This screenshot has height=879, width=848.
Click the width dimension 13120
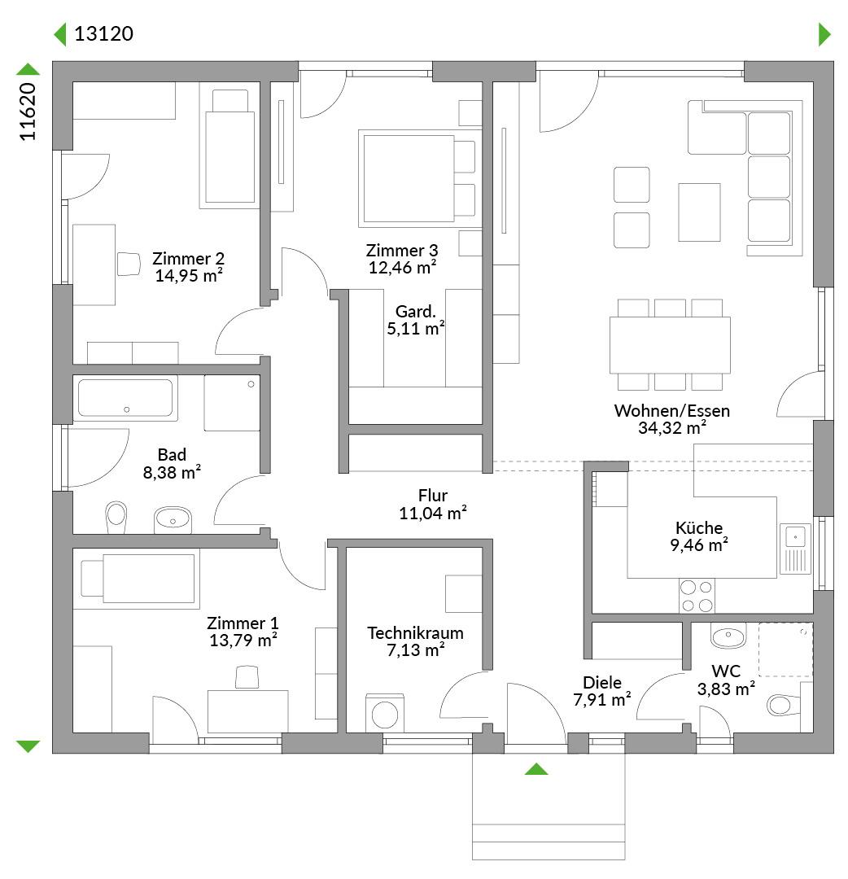click(103, 33)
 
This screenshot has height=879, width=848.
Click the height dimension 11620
click(28, 112)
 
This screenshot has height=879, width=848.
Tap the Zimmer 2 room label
click(188, 259)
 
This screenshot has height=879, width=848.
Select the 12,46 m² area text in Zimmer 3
click(402, 268)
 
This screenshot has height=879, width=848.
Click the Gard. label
click(415, 311)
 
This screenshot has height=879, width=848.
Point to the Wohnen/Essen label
click(672, 410)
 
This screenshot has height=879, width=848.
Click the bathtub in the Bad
click(125, 398)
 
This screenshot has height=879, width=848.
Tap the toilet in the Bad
click(116, 517)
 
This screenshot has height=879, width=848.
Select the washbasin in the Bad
click(173, 519)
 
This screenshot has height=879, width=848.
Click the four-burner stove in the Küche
click(697, 595)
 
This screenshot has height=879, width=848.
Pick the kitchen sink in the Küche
click(795, 549)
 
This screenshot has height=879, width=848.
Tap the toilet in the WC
click(782, 705)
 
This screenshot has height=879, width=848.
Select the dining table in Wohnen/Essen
click(670, 345)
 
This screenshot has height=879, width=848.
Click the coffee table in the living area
click(699, 212)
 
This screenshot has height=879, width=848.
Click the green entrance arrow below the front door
click(536, 768)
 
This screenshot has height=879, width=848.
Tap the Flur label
click(433, 496)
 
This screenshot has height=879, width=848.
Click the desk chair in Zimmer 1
click(247, 676)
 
